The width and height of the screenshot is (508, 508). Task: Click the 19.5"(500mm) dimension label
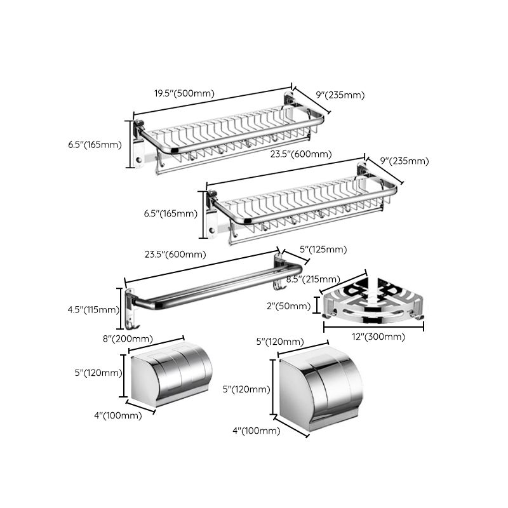pyautogui.click(x=184, y=93)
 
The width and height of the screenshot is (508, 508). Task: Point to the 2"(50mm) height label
pyautogui.click(x=288, y=306)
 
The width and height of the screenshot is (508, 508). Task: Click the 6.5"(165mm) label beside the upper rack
pyautogui.click(x=95, y=144)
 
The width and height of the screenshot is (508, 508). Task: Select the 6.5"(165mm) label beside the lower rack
pyautogui.click(x=171, y=213)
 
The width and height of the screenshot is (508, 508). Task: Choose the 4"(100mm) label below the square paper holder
pyautogui.click(x=256, y=431)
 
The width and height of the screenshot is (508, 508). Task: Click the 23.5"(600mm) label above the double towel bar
pyautogui.click(x=175, y=254)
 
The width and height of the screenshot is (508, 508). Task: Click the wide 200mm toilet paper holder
pyautogui.click(x=170, y=377)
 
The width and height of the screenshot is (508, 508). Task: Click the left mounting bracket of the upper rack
pyautogui.click(x=139, y=150)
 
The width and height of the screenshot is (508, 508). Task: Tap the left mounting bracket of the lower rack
pyautogui.click(x=213, y=220)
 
